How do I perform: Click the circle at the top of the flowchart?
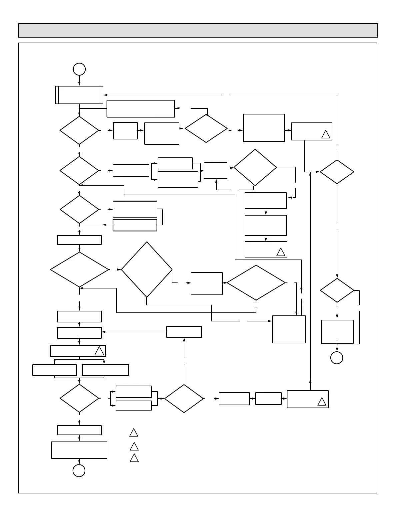79,69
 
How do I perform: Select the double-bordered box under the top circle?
79,95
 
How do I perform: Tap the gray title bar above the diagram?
198,30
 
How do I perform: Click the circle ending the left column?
79,470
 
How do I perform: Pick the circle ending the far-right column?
337,358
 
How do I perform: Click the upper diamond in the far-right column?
337,172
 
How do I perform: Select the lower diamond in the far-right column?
337,290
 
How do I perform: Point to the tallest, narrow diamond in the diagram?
147,269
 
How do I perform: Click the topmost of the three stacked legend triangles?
134,433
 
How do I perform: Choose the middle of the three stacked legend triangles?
134,446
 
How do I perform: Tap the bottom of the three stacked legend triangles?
134,458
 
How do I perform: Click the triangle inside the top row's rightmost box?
326,134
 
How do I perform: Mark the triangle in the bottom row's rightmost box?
322,402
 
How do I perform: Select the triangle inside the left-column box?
99,351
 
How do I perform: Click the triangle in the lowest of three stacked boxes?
281,252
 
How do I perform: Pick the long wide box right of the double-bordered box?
141,109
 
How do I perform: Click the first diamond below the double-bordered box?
79,130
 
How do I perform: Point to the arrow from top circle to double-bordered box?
79,81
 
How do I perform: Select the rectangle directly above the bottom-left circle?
79,450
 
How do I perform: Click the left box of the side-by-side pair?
55,370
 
